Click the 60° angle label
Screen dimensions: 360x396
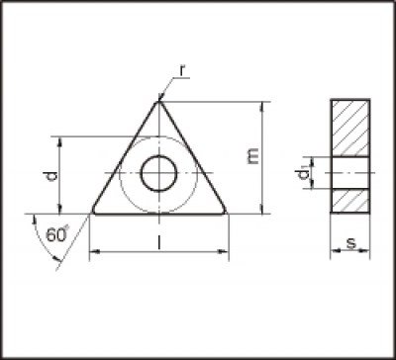coord(58,234)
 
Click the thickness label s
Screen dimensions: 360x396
coord(351,242)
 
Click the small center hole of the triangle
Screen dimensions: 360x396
coord(157,174)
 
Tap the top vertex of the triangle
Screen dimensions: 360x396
coord(158,101)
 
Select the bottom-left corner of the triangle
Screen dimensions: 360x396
coord(93,212)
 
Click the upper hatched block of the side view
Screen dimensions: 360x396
coord(350,129)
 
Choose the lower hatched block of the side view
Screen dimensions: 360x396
coord(350,199)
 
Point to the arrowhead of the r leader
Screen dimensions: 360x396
coord(161,97)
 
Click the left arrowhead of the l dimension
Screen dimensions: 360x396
coord(94,254)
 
